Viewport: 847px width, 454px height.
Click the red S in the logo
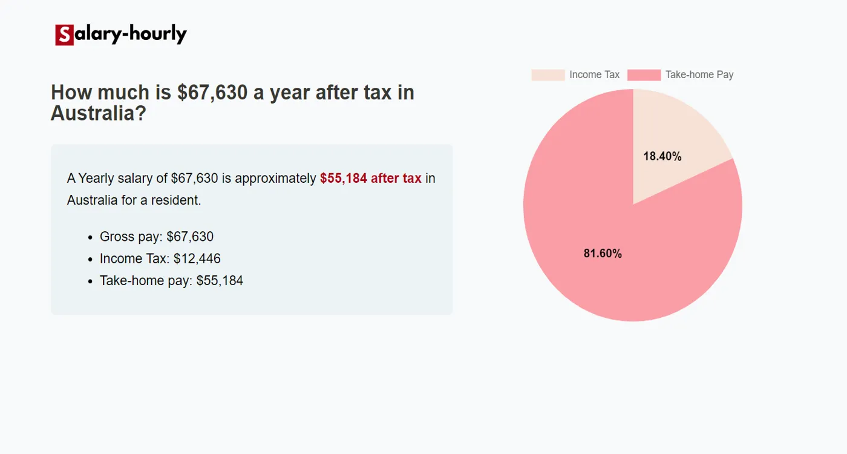(64, 35)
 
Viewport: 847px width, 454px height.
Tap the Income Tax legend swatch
(548, 75)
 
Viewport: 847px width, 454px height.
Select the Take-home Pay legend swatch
(644, 75)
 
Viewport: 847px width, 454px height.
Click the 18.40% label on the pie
(662, 156)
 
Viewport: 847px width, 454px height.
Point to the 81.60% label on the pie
(603, 254)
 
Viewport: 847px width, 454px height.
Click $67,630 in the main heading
(212, 93)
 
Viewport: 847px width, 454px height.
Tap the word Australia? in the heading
(98, 113)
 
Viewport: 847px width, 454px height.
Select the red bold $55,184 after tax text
(370, 178)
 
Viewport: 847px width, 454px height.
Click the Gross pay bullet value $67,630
(189, 237)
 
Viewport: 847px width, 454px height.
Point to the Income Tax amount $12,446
(197, 258)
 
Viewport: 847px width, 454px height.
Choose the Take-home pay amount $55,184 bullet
(220, 280)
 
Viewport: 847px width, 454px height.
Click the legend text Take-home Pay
(699, 75)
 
